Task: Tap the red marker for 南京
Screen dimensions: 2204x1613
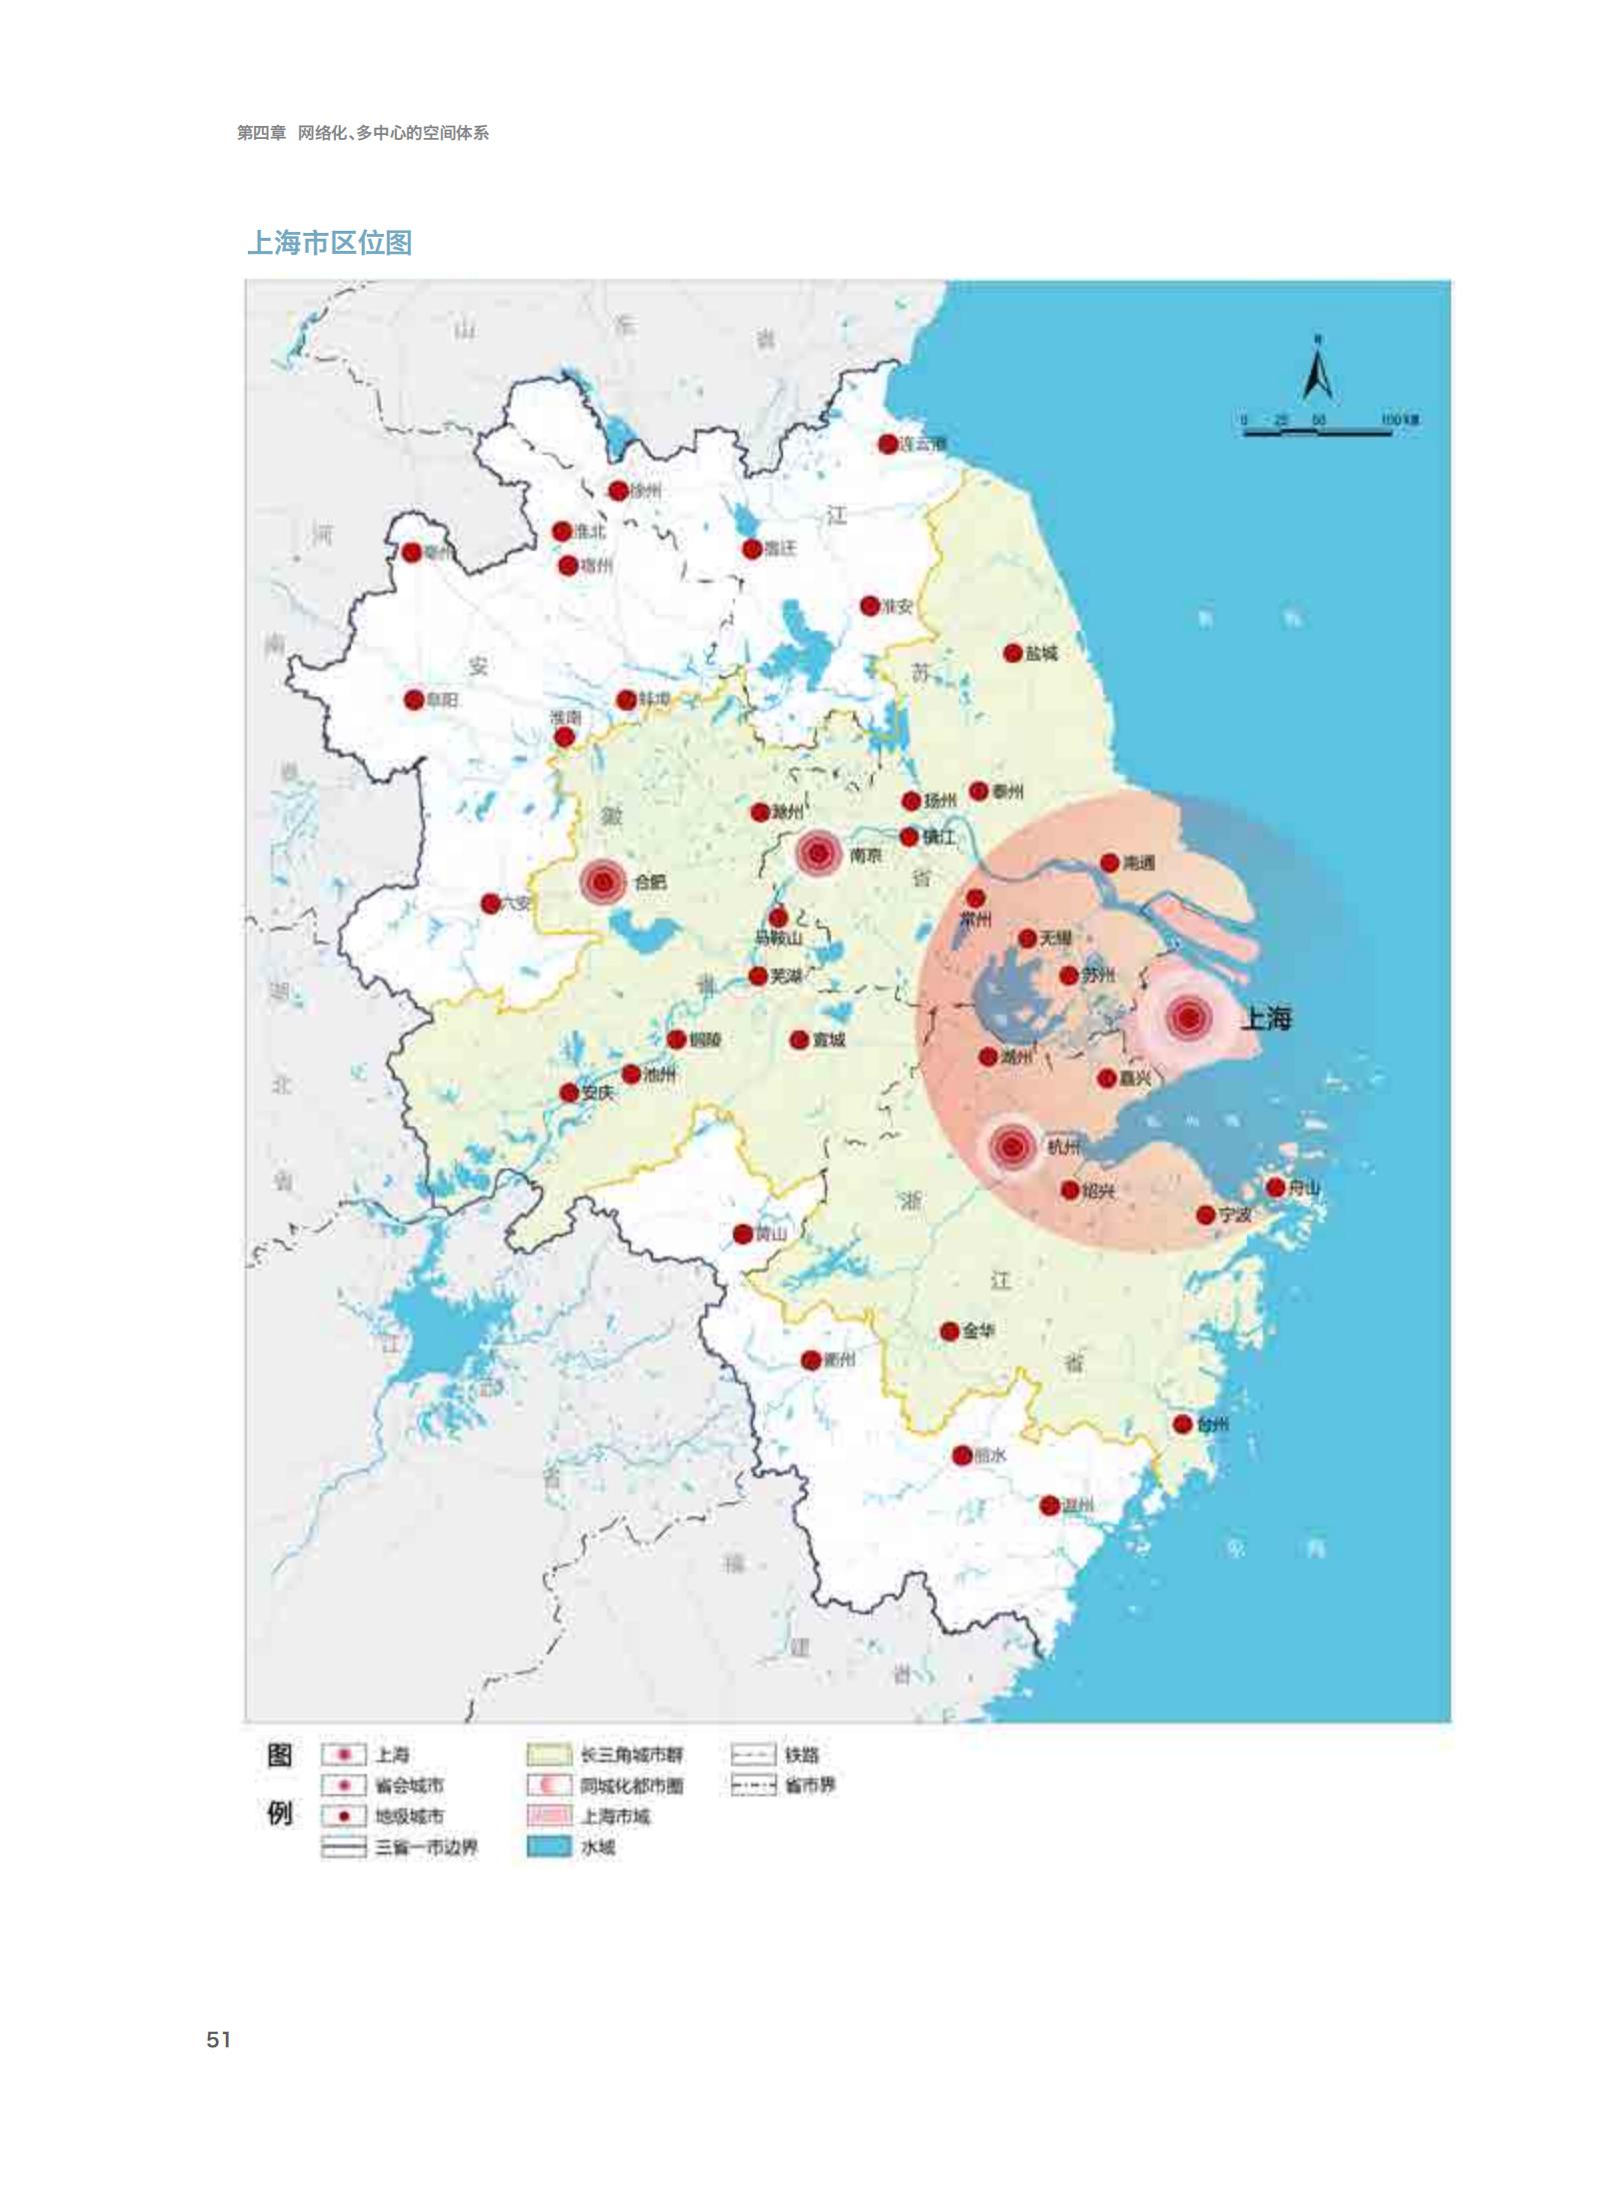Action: pyautogui.click(x=818, y=854)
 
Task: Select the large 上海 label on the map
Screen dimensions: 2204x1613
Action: pyautogui.click(x=1266, y=1019)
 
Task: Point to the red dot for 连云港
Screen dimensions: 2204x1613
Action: pyautogui.click(x=887, y=444)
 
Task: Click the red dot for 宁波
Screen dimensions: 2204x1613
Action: pyautogui.click(x=1206, y=1215)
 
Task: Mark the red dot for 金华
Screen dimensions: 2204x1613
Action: pyautogui.click(x=950, y=1331)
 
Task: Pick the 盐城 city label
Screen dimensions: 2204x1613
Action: pyautogui.click(x=1041, y=653)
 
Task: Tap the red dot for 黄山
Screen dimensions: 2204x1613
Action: pyautogui.click(x=743, y=1234)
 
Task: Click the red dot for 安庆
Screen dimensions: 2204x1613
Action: pyautogui.click(x=569, y=1093)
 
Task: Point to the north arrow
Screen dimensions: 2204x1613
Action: pyautogui.click(x=1318, y=370)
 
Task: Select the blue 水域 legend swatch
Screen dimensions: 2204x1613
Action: pyautogui.click(x=549, y=1847)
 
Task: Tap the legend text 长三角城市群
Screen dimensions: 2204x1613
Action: pyautogui.click(x=632, y=1755)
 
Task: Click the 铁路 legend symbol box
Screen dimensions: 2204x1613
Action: pyautogui.click(x=753, y=1755)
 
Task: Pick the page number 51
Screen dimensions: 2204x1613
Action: pyautogui.click(x=219, y=2040)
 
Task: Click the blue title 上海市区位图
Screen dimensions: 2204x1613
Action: pyautogui.click(x=330, y=243)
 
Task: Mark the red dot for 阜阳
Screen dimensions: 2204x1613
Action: pyautogui.click(x=414, y=700)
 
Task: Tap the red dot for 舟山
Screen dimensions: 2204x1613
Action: pyautogui.click(x=1275, y=1187)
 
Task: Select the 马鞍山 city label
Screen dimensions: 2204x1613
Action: pyautogui.click(x=779, y=938)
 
